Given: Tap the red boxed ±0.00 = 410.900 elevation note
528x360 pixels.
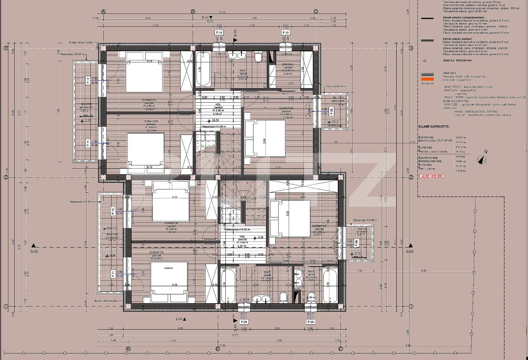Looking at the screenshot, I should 432,176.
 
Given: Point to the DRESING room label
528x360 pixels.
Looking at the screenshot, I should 287,65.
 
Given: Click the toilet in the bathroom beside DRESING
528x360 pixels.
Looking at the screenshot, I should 258,58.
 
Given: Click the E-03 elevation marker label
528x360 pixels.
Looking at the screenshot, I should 206,17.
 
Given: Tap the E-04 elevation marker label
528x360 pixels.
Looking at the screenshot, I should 179,319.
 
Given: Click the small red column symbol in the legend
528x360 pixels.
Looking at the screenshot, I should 424,60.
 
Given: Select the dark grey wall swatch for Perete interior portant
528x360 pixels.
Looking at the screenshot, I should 427,40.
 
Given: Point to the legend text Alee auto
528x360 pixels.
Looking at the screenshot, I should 450,73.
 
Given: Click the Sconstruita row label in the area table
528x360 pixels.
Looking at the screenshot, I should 426,137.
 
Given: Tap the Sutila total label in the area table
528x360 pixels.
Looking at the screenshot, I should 425,147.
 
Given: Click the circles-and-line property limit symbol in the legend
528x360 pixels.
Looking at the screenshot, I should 427,83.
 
